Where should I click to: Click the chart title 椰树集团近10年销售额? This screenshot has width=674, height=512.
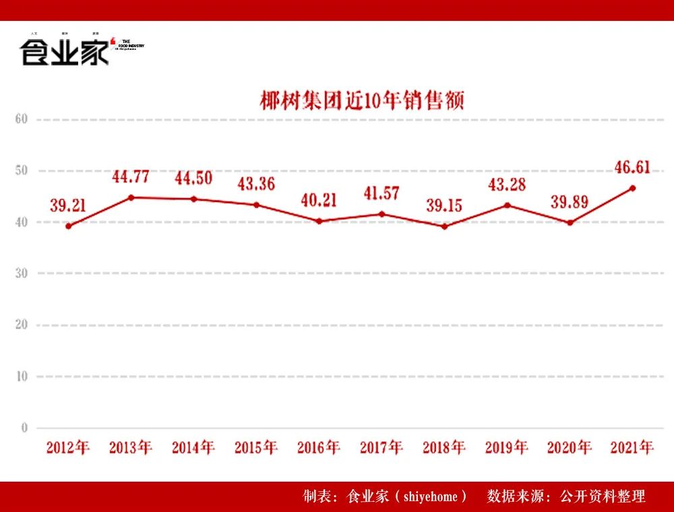click(363, 101)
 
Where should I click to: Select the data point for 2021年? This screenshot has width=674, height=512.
click(632, 188)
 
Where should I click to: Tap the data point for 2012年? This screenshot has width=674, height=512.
click(68, 226)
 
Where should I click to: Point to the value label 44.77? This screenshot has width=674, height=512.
click(131, 177)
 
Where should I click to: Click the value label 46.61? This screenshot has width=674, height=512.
click(632, 167)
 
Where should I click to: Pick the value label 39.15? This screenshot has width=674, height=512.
click(444, 205)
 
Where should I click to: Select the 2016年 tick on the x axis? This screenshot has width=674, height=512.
click(319, 447)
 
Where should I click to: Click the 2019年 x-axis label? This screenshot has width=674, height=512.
click(507, 447)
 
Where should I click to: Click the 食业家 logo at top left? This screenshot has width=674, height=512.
click(65, 52)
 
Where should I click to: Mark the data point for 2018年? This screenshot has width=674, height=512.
click(444, 226)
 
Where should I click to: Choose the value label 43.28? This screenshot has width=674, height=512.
click(507, 185)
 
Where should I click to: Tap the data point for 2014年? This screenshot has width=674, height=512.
click(193, 199)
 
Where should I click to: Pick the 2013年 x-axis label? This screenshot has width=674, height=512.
click(131, 447)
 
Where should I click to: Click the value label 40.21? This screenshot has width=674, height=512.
click(319, 200)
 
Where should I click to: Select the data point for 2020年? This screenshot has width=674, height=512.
click(570, 222)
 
